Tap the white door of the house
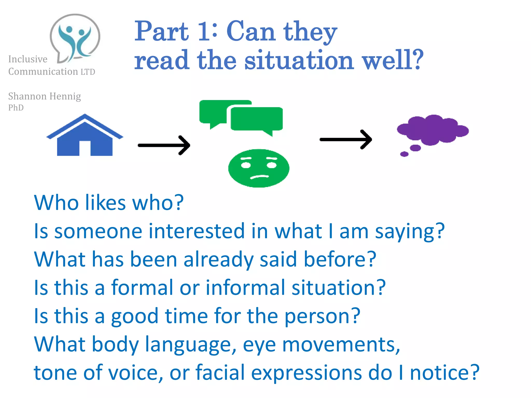pyautogui.click(x=85, y=148)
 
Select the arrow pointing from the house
pyautogui.click(x=164, y=145)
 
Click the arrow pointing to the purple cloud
pyautogui.click(x=346, y=139)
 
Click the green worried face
pyautogui.click(x=258, y=168)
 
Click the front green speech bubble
pyautogui.click(x=257, y=119)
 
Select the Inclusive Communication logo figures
pyautogui.click(x=75, y=39)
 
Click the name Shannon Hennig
pyautogui.click(x=44, y=96)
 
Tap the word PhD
pyautogui.click(x=16, y=108)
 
